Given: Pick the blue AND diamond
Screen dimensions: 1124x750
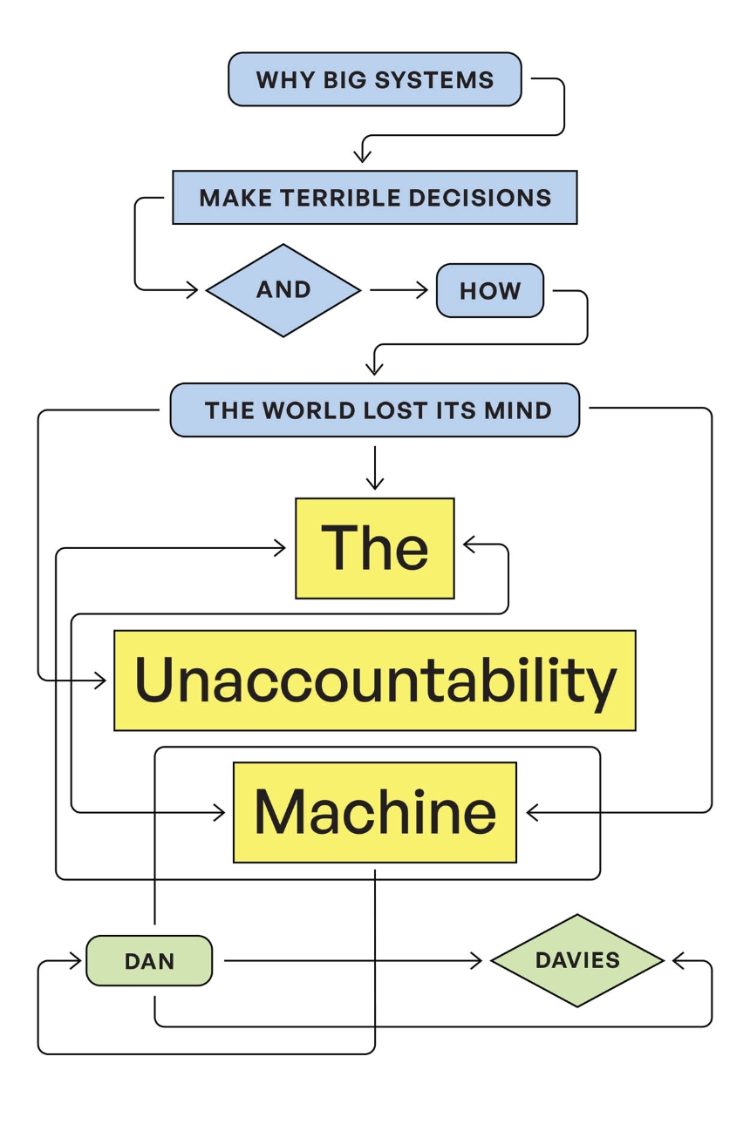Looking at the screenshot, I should pos(283,290).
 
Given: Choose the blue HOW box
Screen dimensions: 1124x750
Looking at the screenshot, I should pos(489,291).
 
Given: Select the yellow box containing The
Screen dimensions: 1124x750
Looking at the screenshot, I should pos(374,548).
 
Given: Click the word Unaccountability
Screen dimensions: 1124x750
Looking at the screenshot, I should pos(374,680).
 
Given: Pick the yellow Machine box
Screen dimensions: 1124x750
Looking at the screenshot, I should pos(374,812).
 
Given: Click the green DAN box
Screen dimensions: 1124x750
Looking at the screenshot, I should pos(149,961).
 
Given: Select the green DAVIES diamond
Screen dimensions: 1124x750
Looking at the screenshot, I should pos(577,960).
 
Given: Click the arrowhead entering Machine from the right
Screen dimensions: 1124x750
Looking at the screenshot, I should pos(532,812).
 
